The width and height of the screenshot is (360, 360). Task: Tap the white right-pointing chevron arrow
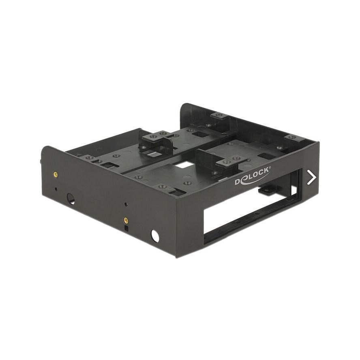[311, 178]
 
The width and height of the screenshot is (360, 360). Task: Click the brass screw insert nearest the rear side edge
[55, 175]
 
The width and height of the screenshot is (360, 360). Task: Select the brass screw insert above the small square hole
[125, 220]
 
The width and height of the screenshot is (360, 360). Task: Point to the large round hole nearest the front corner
[155, 235]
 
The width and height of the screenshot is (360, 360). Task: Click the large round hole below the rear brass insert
[71, 199]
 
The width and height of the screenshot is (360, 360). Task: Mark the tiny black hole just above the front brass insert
[126, 204]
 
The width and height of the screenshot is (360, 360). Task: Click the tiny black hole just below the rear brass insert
[56, 189]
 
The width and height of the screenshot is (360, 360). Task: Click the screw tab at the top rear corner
[219, 116]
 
